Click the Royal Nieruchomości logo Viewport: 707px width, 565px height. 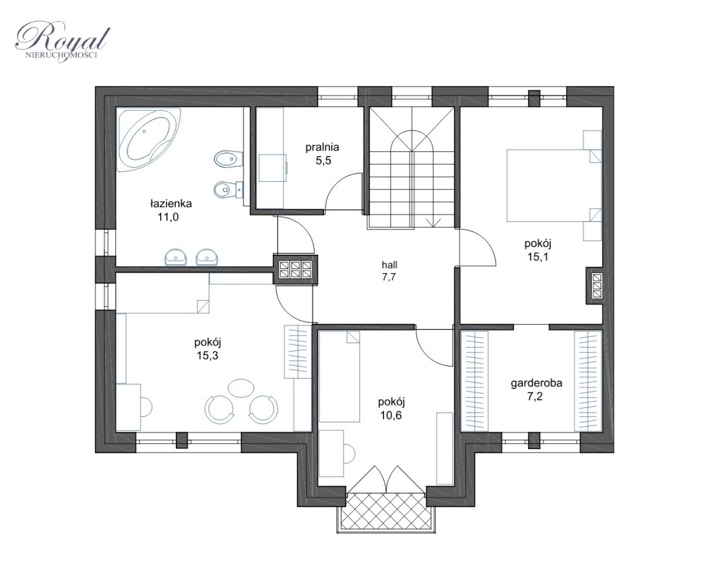click(x=62, y=42)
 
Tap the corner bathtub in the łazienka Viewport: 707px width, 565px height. click(x=148, y=139)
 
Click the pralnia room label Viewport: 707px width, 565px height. click(x=322, y=147)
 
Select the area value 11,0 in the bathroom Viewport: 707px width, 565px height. click(x=168, y=217)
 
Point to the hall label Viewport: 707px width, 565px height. click(x=389, y=265)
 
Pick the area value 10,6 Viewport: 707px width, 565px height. click(x=391, y=416)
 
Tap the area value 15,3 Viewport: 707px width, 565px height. click(x=207, y=355)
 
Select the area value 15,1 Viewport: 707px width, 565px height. click(x=538, y=257)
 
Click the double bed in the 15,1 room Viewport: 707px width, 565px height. click(x=554, y=185)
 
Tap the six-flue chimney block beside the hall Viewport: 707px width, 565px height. click(x=296, y=269)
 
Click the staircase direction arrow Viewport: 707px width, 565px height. click(x=433, y=222)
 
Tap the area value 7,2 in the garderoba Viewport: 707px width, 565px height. click(x=535, y=397)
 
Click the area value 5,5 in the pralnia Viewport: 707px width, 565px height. click(x=324, y=161)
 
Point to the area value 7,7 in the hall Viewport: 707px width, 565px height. click(x=389, y=277)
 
